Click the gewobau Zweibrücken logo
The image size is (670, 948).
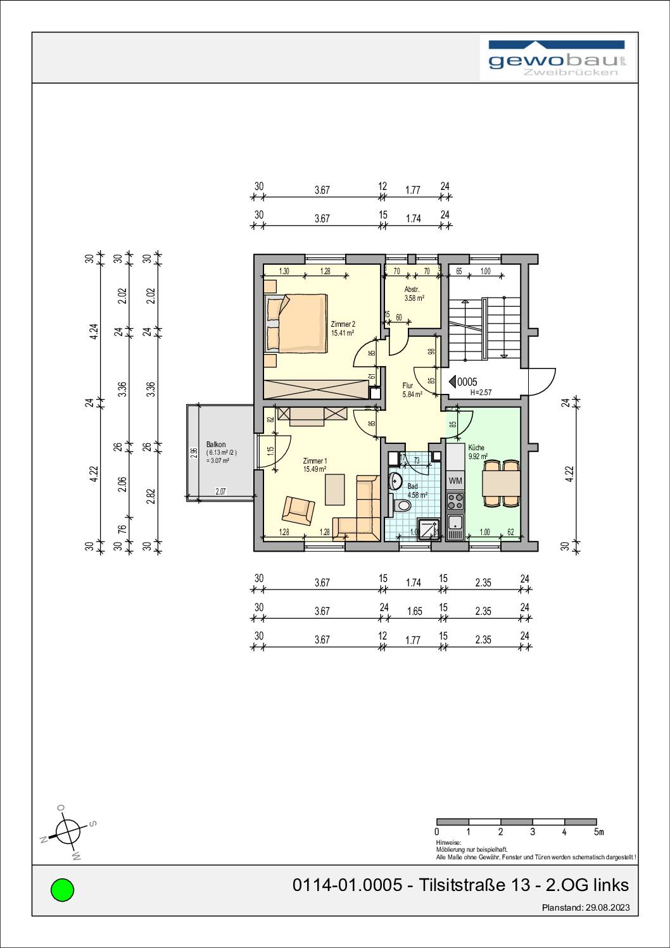click(557, 59)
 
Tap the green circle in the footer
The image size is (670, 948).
click(62, 890)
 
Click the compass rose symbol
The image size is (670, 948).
click(67, 831)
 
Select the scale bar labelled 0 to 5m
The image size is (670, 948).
click(517, 821)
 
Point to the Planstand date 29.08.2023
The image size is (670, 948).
click(586, 907)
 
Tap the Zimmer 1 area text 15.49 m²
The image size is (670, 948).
click(315, 469)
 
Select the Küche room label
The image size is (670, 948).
click(476, 447)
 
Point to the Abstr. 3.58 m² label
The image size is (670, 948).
click(414, 293)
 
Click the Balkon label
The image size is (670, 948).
click(216, 445)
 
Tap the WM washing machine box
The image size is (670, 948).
click(455, 481)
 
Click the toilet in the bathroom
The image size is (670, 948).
click(401, 505)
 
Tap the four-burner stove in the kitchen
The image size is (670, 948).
click(455, 502)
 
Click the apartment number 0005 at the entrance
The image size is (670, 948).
click(467, 382)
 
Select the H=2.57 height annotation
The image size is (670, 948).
click(481, 393)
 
